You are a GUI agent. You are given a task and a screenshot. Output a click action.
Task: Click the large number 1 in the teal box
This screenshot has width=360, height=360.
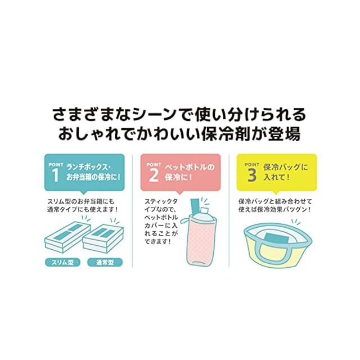pyautogui.click(x=55, y=175)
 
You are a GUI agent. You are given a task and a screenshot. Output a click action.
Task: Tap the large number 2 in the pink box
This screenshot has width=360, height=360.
pyautogui.click(x=154, y=175)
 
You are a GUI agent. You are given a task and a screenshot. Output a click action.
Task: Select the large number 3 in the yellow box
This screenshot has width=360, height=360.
pyautogui.click(x=252, y=175)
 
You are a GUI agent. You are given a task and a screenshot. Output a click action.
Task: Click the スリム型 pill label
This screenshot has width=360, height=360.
pyautogui.click(x=62, y=263)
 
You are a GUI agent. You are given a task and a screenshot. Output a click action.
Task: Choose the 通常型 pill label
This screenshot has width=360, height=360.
pyautogui.click(x=105, y=263)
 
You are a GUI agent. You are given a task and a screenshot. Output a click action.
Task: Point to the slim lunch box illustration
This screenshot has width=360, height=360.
pyautogui.click(x=67, y=237)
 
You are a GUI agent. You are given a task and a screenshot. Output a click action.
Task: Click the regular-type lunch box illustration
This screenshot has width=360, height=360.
pyautogui.click(x=103, y=238)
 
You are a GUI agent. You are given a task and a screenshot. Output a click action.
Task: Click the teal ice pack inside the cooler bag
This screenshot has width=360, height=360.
pyautogui.click(x=276, y=238)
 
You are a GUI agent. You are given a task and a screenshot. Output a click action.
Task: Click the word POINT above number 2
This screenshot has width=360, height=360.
pyautogui.click(x=154, y=165)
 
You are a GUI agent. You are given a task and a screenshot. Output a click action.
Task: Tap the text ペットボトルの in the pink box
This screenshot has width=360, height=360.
pyautogui.click(x=190, y=167)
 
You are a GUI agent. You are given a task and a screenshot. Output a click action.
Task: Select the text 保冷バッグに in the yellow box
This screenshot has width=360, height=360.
pyautogui.click(x=286, y=167)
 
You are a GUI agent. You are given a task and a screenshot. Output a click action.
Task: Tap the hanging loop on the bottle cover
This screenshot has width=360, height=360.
pyautogui.click(x=185, y=220)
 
